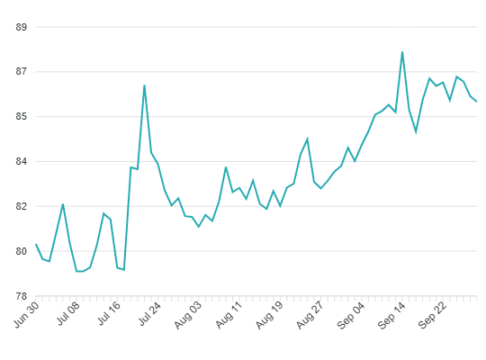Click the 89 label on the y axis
coord(22,27)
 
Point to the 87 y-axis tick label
coord(22,72)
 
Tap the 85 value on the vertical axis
coord(22,117)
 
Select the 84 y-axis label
coord(22,162)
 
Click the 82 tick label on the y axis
coord(22,206)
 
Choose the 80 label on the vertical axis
coord(22,251)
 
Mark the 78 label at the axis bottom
coord(22,296)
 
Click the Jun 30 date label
coord(27,314)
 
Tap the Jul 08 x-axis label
coord(68,313)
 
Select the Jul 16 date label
coord(109,313)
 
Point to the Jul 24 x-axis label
coord(149,313)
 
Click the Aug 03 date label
coord(188,315)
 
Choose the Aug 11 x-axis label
coord(229,314)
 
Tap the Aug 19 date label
coord(269,315)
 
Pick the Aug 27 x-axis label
coord(310,315)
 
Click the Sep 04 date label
coord(351,315)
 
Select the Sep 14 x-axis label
coord(391,315)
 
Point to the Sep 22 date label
coord(432,315)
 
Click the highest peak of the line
coord(402,52)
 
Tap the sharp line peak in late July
coord(144,85)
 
